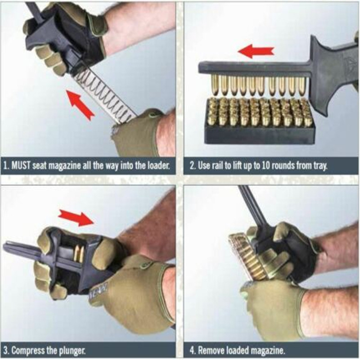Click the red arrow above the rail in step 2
click(x=256, y=50)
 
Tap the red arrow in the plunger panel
click(x=76, y=217)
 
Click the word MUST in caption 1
click(x=21, y=166)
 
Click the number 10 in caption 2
click(x=266, y=166)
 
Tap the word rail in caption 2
click(x=218, y=165)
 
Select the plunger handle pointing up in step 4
click(x=250, y=205)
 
